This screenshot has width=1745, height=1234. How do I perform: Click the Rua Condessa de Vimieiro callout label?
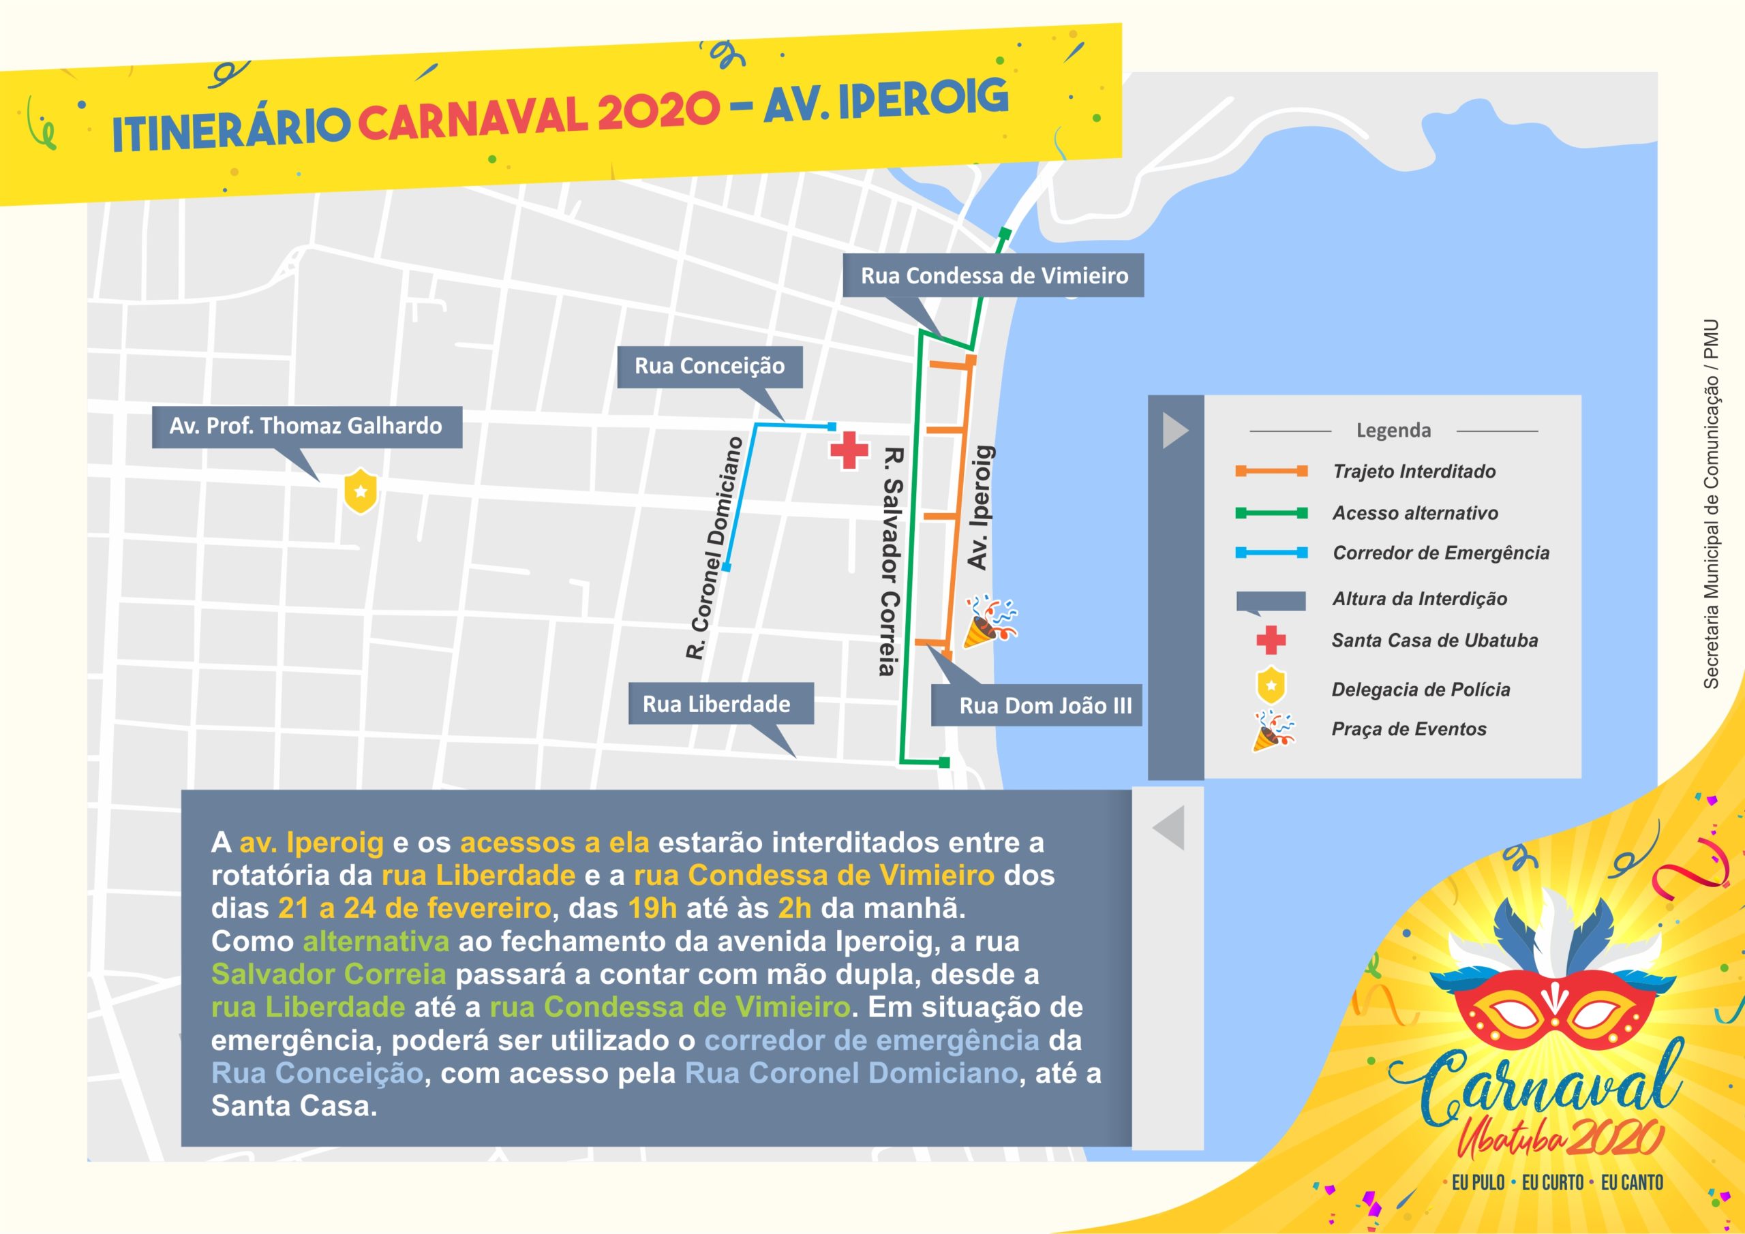tap(993, 275)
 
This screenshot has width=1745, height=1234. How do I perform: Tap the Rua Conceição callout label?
tap(709, 367)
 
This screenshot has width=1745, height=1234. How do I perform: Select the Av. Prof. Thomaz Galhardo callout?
tap(305, 427)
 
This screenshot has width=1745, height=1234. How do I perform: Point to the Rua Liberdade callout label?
tap(716, 705)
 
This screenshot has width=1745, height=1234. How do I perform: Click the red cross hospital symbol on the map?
tap(849, 450)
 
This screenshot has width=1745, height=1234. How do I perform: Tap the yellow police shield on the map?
tap(361, 491)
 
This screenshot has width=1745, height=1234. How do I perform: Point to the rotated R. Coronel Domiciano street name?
tap(714, 547)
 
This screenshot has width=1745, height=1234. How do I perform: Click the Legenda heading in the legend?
tap(1393, 431)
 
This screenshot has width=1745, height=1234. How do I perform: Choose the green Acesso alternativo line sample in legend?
tap(1271, 513)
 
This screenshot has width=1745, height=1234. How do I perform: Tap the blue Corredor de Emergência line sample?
tap(1271, 553)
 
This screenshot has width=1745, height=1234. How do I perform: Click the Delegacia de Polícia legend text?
tap(1421, 690)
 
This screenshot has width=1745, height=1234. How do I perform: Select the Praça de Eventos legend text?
tap(1408, 730)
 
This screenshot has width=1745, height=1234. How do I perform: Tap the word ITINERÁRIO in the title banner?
tap(230, 130)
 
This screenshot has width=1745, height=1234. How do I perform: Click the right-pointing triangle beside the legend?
tap(1174, 431)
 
